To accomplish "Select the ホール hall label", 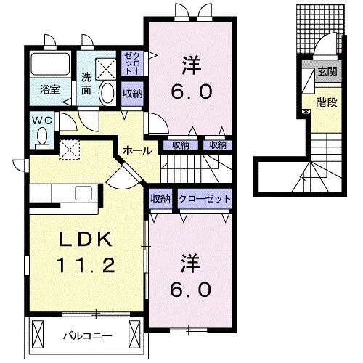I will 138,151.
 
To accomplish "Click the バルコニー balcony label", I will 82,336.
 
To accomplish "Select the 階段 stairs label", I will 327,102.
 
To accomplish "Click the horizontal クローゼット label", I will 205,198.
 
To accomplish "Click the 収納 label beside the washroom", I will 132,93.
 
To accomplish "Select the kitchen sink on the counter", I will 82,193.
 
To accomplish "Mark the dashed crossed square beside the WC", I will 70,149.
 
